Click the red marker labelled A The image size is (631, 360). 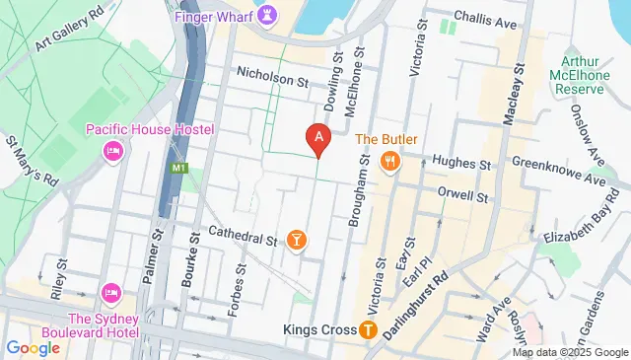[317, 140]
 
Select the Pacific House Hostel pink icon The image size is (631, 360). [112, 151]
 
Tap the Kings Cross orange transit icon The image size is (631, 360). [368, 329]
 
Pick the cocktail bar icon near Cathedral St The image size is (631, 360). [295, 240]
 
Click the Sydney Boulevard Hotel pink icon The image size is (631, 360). [111, 294]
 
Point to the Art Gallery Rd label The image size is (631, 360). [69, 30]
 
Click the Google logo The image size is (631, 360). [33, 347]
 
